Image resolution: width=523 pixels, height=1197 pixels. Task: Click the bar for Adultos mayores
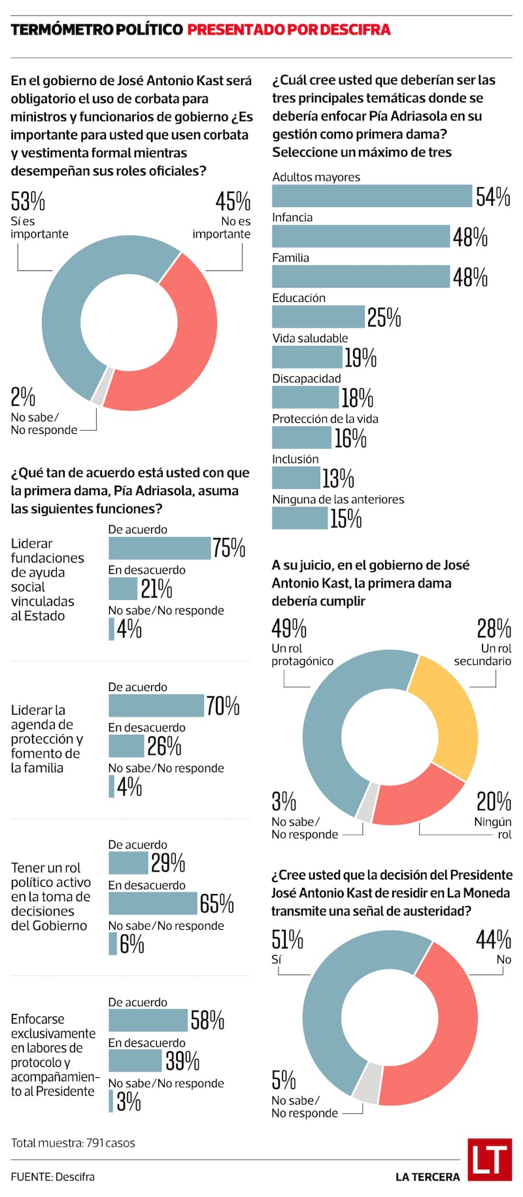point(371,196)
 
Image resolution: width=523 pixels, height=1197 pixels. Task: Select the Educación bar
point(318,317)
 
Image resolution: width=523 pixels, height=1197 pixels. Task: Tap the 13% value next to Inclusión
point(338,478)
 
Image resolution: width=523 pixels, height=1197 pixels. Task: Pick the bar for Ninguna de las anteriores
point(299,518)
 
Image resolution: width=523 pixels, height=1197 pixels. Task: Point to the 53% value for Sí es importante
point(27,201)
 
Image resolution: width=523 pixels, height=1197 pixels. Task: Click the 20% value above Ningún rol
point(494,801)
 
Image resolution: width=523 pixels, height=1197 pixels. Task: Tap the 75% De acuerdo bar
point(160,548)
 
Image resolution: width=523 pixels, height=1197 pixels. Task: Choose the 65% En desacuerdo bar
point(152,904)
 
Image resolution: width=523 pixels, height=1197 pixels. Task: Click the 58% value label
point(207,1020)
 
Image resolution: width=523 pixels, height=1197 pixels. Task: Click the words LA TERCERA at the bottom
point(428,1177)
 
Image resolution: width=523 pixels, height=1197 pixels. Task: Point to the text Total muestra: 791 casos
point(73,1143)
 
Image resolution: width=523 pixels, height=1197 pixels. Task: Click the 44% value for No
point(493,940)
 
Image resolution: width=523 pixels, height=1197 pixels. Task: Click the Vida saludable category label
point(310,338)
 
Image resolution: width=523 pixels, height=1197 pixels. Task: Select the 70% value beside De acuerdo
point(223,706)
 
